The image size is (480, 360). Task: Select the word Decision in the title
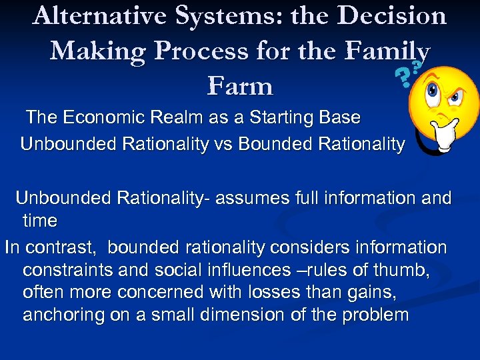(x=393, y=15)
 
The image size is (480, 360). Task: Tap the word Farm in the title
(x=240, y=86)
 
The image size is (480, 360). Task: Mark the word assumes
(x=256, y=198)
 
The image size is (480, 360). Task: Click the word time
(x=40, y=220)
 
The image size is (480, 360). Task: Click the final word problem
(x=375, y=315)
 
